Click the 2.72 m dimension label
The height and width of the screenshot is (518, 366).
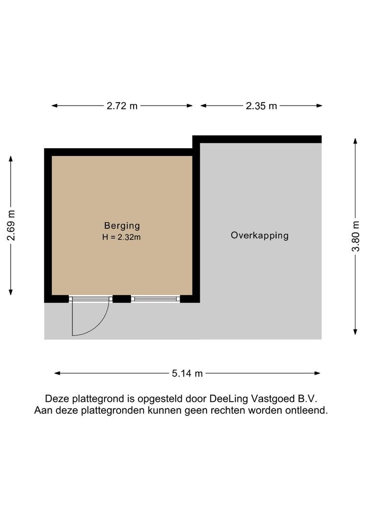coord(122,106)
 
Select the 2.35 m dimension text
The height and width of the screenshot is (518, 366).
coord(261,106)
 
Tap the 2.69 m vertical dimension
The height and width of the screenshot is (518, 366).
coord(11,225)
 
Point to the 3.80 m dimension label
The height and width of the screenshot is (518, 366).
coord(355,236)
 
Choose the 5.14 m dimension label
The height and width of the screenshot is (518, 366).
coord(187,373)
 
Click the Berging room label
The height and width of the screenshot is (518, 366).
coord(122,225)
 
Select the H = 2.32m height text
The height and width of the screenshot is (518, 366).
coord(122,237)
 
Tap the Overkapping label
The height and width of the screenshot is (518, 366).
coord(260,235)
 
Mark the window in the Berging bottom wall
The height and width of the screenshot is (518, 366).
coord(155,299)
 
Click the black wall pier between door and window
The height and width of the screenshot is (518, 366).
coord(122,299)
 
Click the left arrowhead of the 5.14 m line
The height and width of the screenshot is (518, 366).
coord(57,373)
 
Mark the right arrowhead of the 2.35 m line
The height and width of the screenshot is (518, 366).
coord(319,106)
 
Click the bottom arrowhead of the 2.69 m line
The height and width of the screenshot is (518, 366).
coord(11,292)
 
